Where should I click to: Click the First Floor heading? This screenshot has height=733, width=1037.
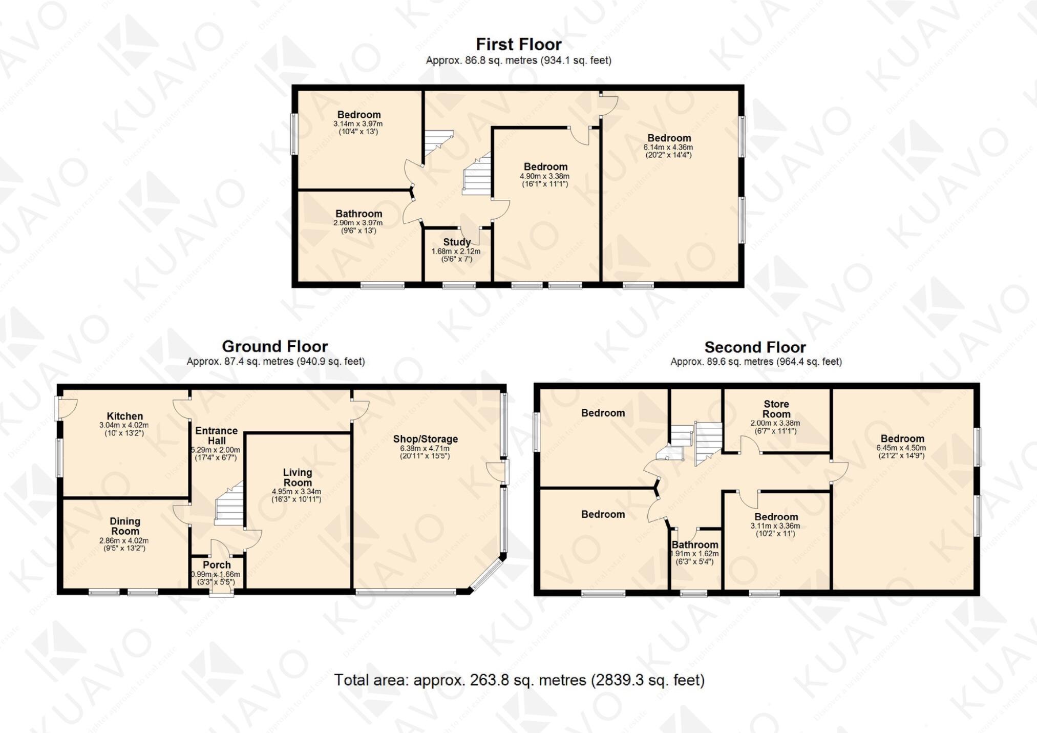coord(518,45)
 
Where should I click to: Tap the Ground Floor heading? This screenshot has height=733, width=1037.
coord(274,346)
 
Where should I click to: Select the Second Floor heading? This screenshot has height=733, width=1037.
coord(755,347)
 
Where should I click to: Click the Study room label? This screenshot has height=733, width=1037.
coord(457,242)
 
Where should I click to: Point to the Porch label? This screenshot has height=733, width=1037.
coord(217,564)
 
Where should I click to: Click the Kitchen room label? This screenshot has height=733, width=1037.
coord(124,416)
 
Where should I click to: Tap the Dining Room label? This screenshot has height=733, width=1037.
coord(124,526)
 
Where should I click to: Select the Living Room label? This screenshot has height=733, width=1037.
coord(297,477)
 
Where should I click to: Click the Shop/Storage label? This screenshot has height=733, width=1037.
coord(425,439)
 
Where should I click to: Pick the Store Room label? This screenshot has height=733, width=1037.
coord(776,409)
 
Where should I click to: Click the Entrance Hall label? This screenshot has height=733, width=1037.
coord(216,435)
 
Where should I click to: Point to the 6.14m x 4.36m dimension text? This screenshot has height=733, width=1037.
coord(668,148)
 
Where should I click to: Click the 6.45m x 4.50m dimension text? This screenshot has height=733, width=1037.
coord(902,448)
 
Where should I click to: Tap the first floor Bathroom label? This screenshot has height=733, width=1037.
coord(358,214)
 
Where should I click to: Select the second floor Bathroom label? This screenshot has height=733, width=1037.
coord(694,544)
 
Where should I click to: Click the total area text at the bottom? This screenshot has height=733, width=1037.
coord(519,680)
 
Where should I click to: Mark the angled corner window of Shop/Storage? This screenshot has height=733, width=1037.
coord(486,575)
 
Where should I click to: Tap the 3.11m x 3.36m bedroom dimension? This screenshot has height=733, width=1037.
coord(775,526)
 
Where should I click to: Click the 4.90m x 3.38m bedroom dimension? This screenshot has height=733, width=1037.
coord(545,176)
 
